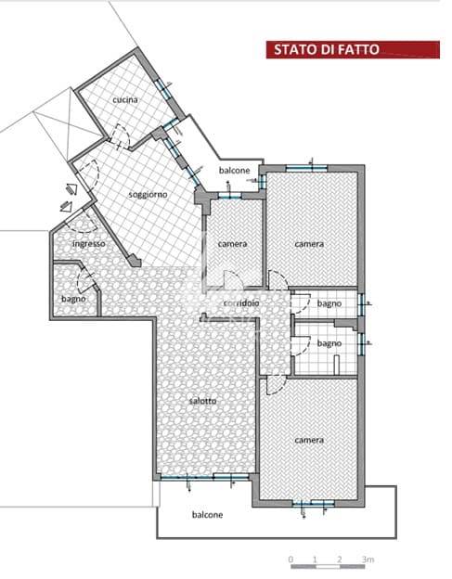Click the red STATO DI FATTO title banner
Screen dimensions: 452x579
(x=353, y=49)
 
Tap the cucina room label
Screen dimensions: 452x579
(x=125, y=99)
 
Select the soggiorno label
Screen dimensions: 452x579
(x=148, y=195)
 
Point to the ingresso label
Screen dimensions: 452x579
(x=88, y=244)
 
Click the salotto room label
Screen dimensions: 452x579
(x=202, y=401)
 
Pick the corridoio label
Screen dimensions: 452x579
(x=241, y=303)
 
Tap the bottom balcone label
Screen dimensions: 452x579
(x=207, y=515)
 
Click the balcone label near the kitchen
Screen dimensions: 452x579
(x=234, y=171)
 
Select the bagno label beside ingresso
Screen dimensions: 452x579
(x=73, y=299)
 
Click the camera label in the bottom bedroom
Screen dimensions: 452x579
(x=309, y=440)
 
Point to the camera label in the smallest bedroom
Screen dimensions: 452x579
(x=232, y=244)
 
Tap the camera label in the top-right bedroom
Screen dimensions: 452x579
(x=309, y=244)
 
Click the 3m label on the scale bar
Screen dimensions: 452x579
(x=368, y=560)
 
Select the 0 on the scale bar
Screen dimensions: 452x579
(x=291, y=560)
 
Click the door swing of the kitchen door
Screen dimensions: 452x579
(x=121, y=135)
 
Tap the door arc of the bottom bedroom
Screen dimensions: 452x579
(x=277, y=385)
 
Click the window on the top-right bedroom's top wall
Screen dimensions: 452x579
(x=306, y=168)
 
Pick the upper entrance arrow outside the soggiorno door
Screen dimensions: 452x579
(x=71, y=189)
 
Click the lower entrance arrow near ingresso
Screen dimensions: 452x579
(x=65, y=206)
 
